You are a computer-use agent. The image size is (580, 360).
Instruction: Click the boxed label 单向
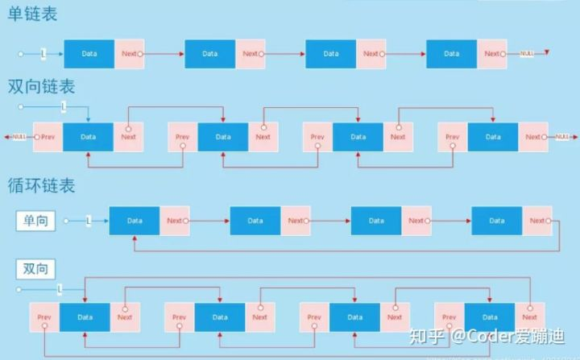(x=35, y=220)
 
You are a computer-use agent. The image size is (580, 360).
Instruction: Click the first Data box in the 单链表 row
(x=89, y=54)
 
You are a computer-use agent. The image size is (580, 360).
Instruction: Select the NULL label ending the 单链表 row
(x=527, y=54)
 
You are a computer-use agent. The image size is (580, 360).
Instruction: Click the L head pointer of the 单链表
(x=43, y=54)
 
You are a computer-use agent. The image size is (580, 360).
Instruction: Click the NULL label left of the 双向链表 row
(x=19, y=137)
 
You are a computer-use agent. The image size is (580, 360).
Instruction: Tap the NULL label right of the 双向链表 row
(x=562, y=137)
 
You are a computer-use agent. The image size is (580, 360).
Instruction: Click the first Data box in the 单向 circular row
(x=135, y=221)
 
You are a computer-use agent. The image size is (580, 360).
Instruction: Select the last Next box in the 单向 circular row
(x=537, y=221)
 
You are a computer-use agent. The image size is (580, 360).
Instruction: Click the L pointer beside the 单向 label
(x=89, y=221)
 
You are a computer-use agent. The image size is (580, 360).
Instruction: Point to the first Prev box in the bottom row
(x=44, y=317)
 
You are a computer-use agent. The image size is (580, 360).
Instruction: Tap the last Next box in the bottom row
(x=529, y=317)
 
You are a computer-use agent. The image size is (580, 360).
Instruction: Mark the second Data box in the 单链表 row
(x=209, y=54)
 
